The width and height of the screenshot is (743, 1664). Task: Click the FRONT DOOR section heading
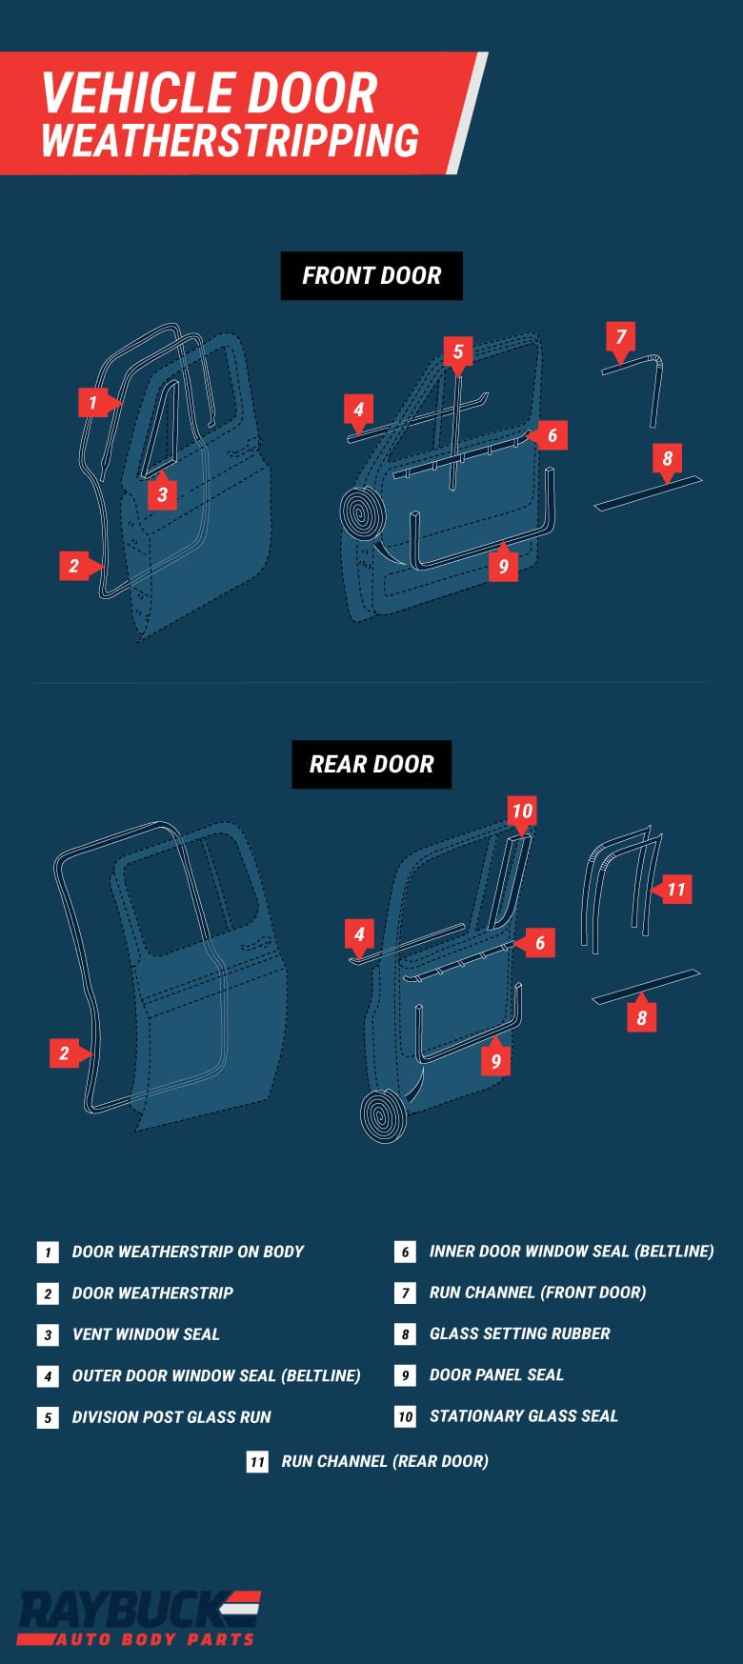click(371, 276)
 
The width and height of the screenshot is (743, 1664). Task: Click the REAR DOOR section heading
click(371, 765)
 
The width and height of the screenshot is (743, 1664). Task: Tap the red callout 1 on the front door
click(92, 403)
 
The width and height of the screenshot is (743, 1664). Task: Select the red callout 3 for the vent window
click(162, 495)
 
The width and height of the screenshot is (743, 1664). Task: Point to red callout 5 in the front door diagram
click(457, 352)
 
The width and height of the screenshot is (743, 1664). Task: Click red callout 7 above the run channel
click(621, 337)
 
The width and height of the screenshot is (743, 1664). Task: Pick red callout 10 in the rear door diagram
click(521, 812)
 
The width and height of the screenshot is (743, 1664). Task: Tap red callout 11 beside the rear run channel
click(675, 890)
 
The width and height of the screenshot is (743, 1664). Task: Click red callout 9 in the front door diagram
click(503, 567)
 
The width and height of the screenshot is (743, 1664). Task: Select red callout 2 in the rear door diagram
click(64, 1053)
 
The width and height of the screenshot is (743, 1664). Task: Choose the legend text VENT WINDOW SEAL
click(146, 1334)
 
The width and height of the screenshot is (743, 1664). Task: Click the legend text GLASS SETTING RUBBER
click(519, 1333)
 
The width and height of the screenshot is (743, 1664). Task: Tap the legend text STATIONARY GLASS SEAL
click(523, 1416)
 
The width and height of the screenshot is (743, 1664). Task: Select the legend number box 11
click(257, 1462)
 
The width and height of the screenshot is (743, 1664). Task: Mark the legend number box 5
click(48, 1418)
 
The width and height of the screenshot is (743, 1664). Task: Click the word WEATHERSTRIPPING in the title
click(230, 141)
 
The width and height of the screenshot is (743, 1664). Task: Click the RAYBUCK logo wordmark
click(124, 1610)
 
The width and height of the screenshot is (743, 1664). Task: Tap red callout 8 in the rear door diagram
click(641, 1018)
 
